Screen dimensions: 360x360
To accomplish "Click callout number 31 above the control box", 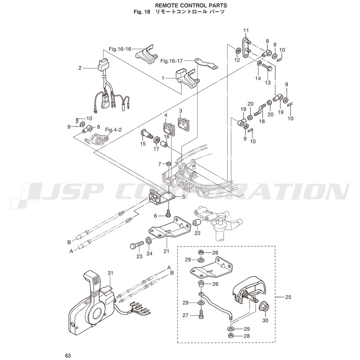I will (110, 273).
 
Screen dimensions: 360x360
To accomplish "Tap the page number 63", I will (67, 355).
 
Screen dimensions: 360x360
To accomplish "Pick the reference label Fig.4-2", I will (113, 130).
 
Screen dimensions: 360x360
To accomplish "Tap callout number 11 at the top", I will (246, 31).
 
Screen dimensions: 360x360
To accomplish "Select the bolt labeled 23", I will (135, 246).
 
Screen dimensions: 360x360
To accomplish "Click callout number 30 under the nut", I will (265, 320).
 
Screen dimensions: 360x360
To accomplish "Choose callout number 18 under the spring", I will (262, 121).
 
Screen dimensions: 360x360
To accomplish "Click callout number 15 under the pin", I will (143, 144).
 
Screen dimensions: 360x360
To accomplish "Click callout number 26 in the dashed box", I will (215, 284).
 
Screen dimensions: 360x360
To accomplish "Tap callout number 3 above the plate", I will (180, 111).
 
